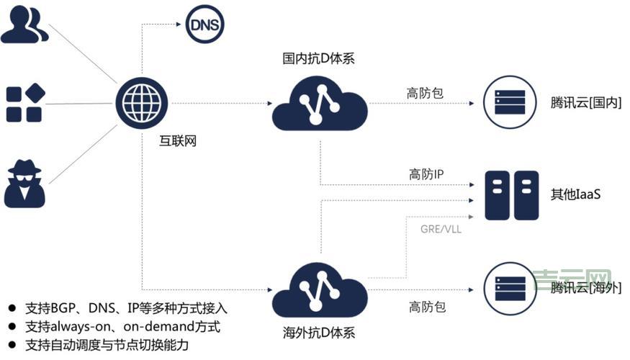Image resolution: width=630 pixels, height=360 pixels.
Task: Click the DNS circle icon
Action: (205, 26)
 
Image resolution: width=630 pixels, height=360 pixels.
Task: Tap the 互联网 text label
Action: (177, 141)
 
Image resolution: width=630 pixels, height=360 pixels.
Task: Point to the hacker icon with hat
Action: (24, 183)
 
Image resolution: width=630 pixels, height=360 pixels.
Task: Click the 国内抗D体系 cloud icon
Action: (319, 105)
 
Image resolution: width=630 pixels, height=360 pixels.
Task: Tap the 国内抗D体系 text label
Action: (319, 58)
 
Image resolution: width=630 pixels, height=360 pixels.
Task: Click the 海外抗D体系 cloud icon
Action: (319, 287)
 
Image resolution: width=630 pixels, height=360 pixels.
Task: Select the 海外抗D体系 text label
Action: (319, 333)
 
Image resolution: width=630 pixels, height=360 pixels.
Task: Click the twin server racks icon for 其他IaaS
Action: (511, 196)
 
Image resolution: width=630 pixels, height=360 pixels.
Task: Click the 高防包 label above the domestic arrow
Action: (426, 93)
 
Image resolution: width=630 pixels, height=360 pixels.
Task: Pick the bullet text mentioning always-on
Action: (122, 327)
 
